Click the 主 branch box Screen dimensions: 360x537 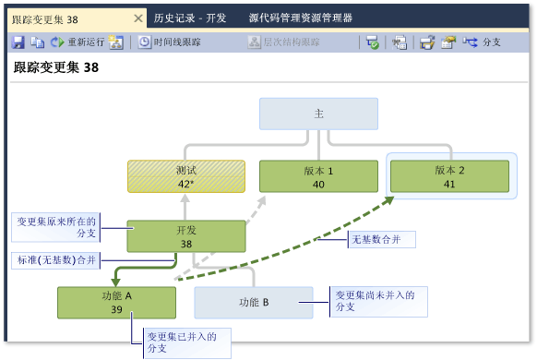point(318,114)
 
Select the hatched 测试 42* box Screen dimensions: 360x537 point(186,176)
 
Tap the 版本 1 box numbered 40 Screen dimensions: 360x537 point(318,176)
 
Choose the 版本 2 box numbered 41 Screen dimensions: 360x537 point(448,176)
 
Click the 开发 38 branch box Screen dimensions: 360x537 point(186,236)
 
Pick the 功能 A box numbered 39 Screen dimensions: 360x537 point(115,302)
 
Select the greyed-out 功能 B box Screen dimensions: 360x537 point(253,302)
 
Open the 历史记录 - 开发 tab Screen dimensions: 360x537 point(190,18)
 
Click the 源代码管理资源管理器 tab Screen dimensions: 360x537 point(300,18)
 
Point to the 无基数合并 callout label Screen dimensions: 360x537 point(380,240)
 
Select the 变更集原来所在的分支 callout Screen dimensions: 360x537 point(55,228)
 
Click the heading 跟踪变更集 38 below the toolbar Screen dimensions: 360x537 point(56,67)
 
